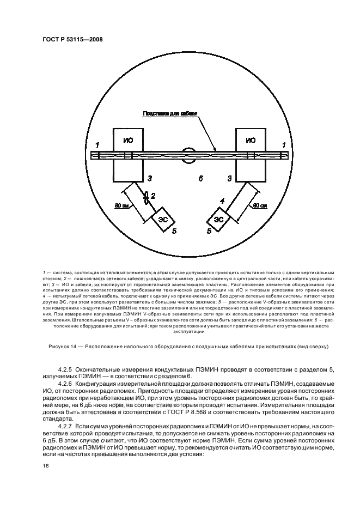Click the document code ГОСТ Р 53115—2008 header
pyautogui.click(x=72, y=39)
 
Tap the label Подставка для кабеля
pyautogui.click(x=169, y=114)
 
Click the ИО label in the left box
pyautogui.click(x=128, y=141)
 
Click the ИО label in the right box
pyautogui.click(x=250, y=141)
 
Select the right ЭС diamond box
pyautogui.click(x=218, y=219)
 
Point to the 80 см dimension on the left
pyautogui.click(x=121, y=206)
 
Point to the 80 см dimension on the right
pyautogui.click(x=259, y=205)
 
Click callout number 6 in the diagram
pyautogui.click(x=200, y=178)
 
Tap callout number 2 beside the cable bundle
pyautogui.click(x=154, y=195)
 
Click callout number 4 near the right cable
pyautogui.click(x=222, y=201)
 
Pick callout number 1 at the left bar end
pyautogui.click(x=96, y=144)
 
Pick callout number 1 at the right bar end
pyautogui.click(x=283, y=144)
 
